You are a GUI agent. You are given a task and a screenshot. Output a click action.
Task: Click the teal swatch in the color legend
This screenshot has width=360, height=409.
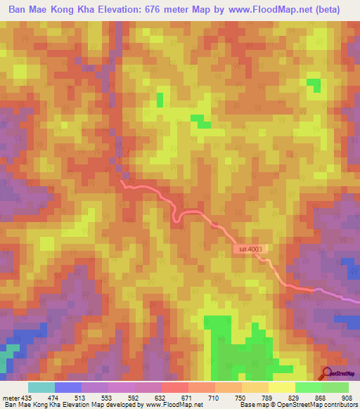(41, 387)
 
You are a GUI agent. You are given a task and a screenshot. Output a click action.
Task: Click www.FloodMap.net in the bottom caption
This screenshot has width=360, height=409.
(167, 404)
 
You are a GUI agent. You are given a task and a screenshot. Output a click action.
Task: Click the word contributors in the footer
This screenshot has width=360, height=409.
(338, 404)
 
